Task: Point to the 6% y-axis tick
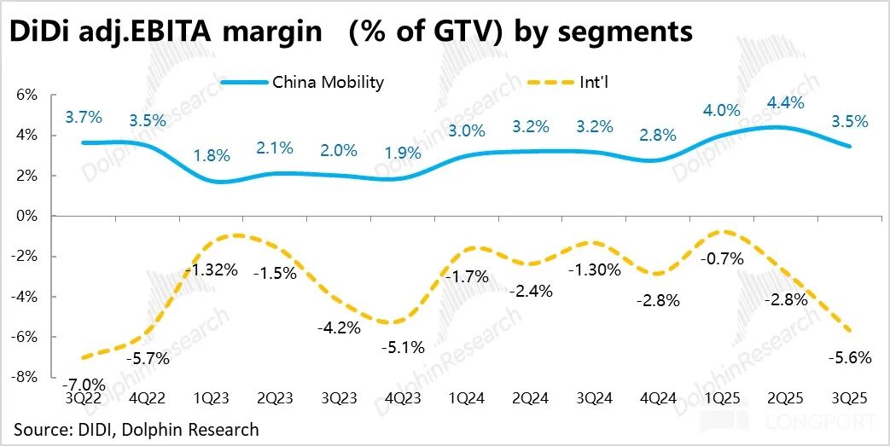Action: pos(26,95)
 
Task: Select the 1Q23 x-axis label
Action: pos(211,398)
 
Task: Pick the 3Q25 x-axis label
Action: pos(850,398)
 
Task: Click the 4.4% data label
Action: pos(786,101)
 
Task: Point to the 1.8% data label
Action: pos(211,155)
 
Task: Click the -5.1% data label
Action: pos(402,347)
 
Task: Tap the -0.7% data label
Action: pos(722,258)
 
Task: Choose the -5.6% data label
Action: pos(850,358)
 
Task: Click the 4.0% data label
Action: pos(722,112)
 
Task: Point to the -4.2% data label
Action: pos(338,327)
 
